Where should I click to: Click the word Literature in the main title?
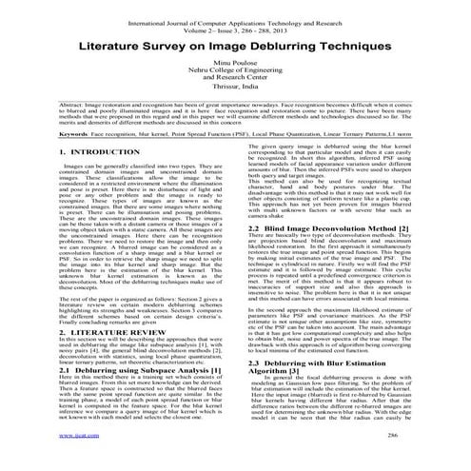tap(109, 46)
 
